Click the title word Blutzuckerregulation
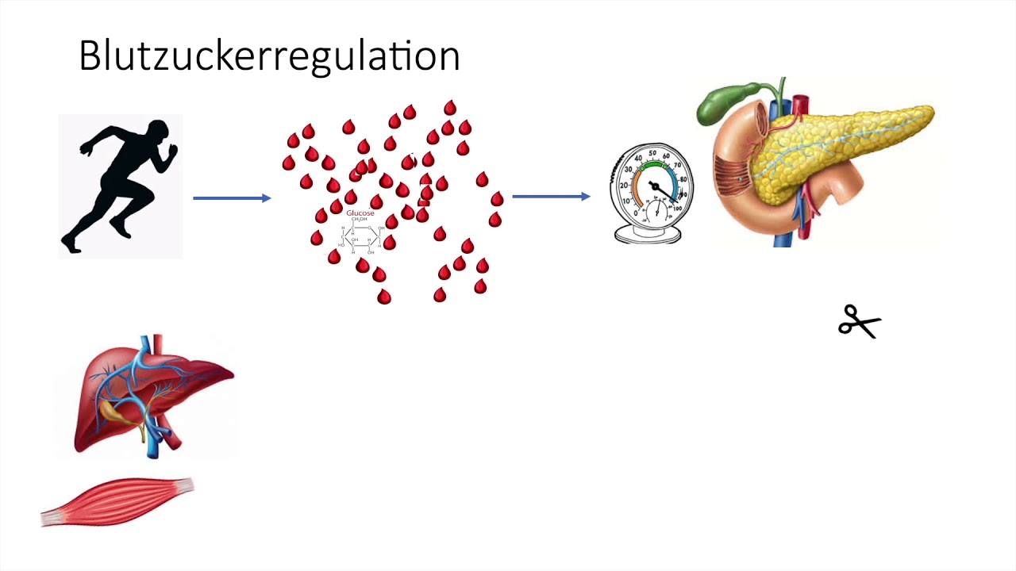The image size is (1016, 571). point(269,56)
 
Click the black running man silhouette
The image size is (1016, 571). point(123,186)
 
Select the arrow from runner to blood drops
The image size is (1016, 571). point(232,197)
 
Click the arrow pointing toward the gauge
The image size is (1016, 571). point(551,196)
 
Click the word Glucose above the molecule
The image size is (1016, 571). point(360,213)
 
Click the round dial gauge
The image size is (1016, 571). point(652,186)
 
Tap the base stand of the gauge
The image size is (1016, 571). point(648,235)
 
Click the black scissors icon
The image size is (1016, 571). point(860,322)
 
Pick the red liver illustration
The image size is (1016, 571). point(151,397)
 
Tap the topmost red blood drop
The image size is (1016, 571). point(450,108)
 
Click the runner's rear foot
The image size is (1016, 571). point(71,246)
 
